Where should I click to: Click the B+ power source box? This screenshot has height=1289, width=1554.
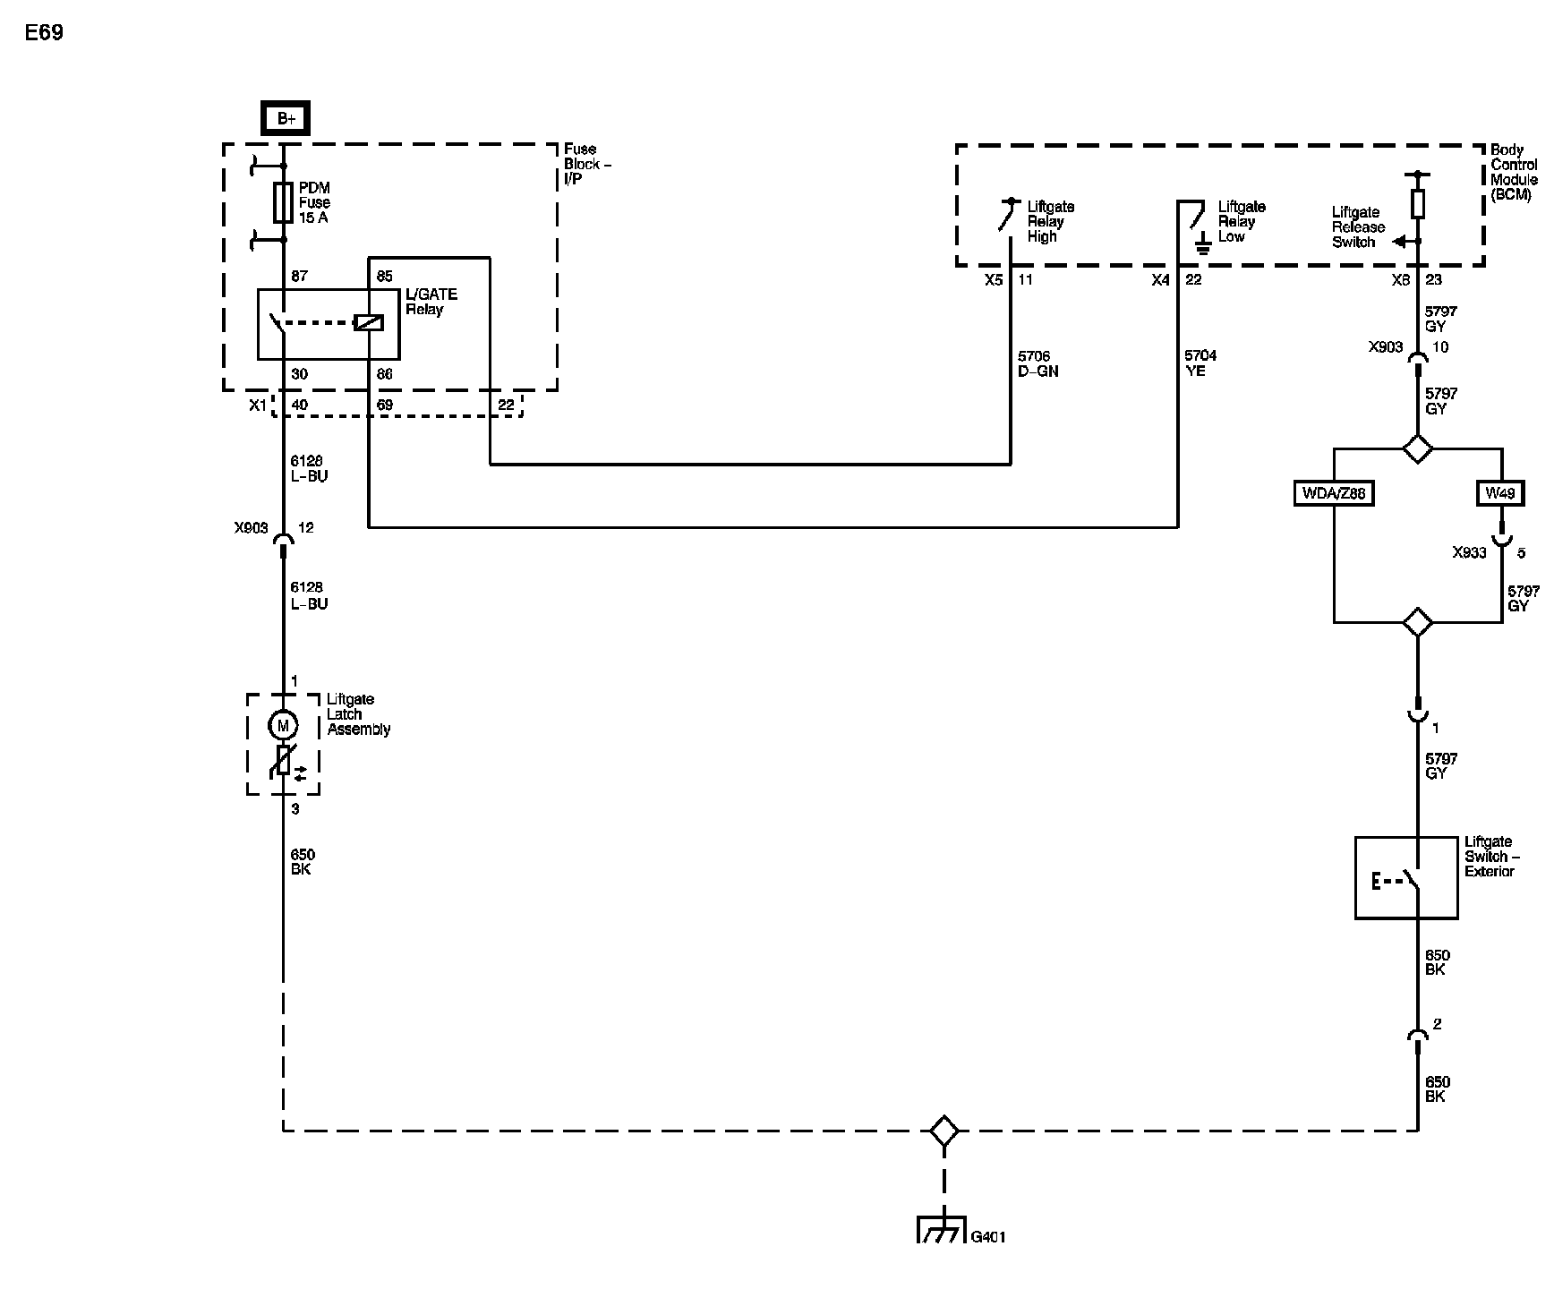[285, 118]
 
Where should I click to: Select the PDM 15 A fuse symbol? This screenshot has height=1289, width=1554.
[284, 202]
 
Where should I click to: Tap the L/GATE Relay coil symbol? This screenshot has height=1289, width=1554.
[369, 322]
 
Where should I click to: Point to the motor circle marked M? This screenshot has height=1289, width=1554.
[284, 725]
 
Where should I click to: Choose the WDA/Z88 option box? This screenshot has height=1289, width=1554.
[1334, 493]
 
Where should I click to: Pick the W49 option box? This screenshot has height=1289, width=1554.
[1500, 493]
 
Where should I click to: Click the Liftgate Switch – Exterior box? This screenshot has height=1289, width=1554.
[1406, 877]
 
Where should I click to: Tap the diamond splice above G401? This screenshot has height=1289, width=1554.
[943, 1131]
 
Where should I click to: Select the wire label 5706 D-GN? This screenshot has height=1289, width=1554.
[1037, 363]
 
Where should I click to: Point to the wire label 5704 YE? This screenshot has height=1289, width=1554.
[1200, 363]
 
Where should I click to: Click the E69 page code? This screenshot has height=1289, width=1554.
[44, 33]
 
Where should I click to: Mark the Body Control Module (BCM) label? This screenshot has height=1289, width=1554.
[1514, 172]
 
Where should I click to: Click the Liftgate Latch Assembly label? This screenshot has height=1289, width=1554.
[359, 714]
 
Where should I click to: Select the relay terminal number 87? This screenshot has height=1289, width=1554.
[299, 276]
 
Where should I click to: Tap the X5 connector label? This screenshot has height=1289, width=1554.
[994, 280]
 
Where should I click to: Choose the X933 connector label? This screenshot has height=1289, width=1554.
[1469, 553]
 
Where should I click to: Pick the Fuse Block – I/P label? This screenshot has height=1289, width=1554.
[588, 164]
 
